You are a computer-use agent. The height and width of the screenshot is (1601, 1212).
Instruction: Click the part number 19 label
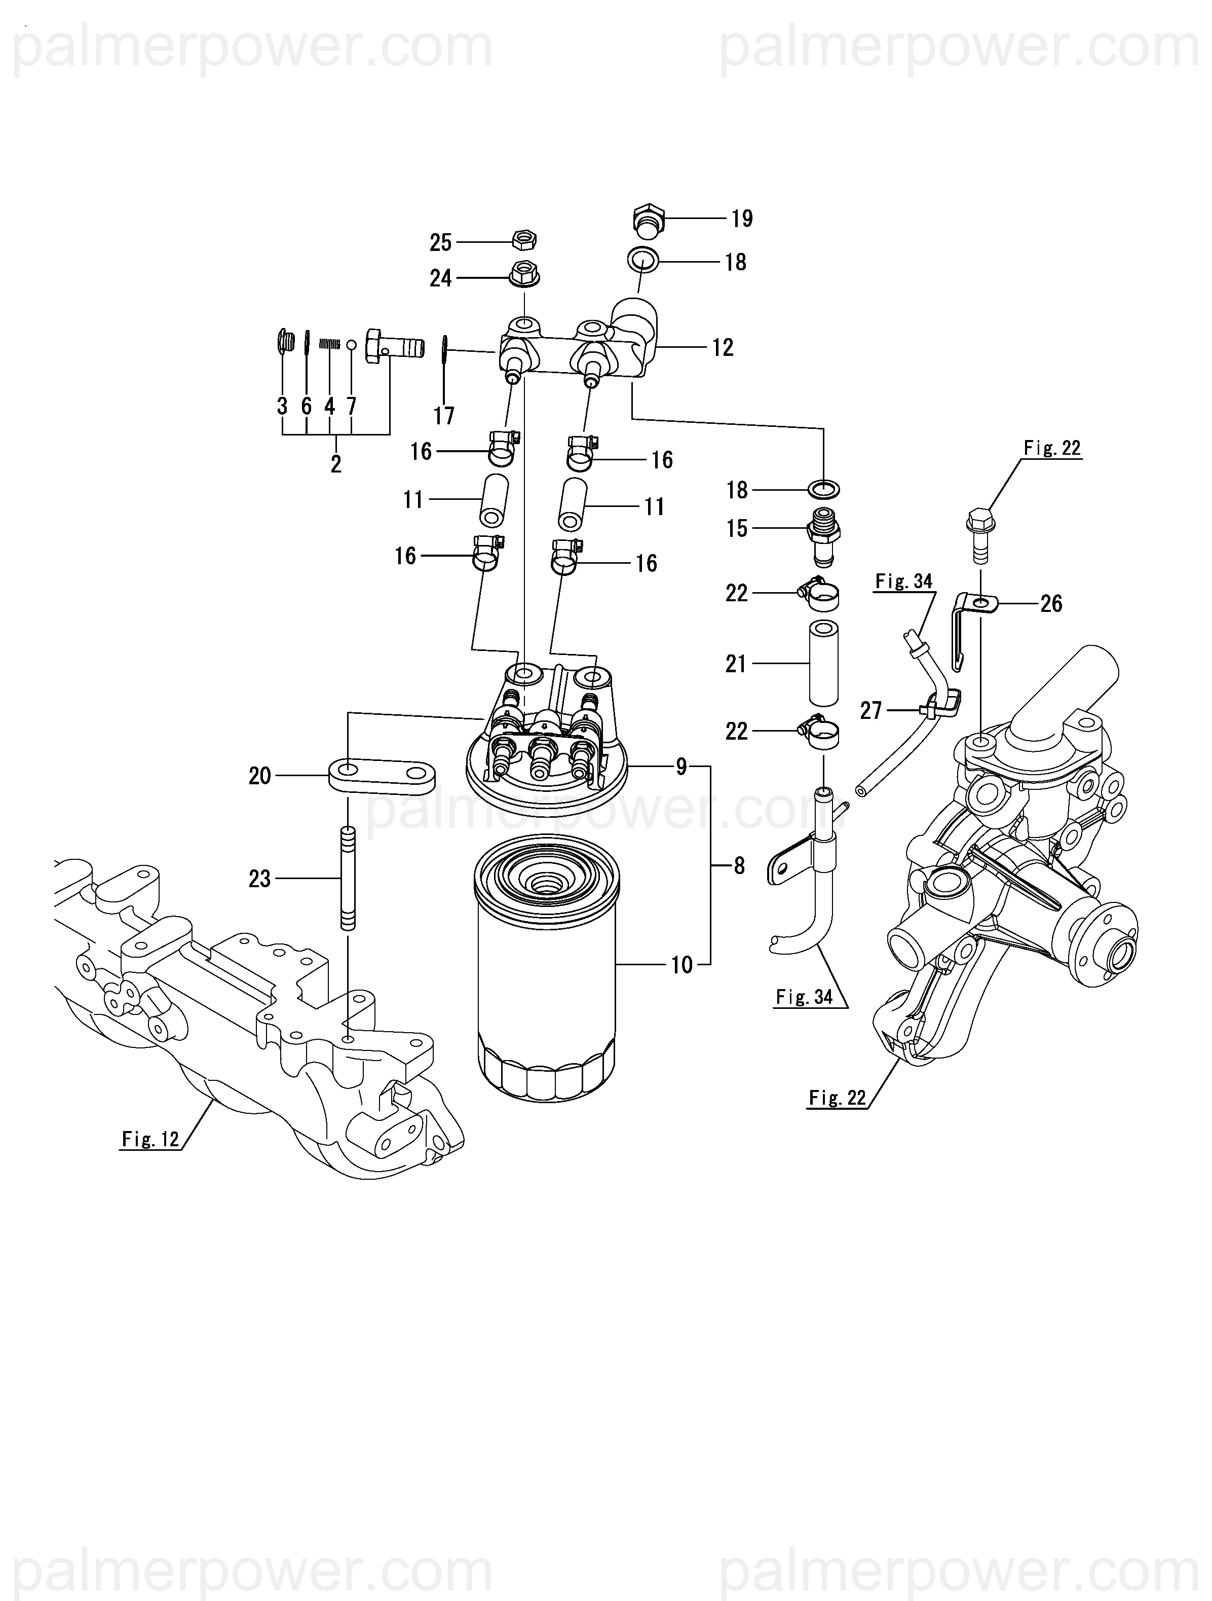tap(742, 219)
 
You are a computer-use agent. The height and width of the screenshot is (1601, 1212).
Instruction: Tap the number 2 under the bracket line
tap(336, 464)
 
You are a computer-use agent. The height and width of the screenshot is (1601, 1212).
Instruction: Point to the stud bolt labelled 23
tap(348, 878)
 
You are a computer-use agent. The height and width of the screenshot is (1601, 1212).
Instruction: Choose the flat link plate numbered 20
tap(382, 776)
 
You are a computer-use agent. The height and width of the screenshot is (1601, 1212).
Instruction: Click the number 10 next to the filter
tap(681, 965)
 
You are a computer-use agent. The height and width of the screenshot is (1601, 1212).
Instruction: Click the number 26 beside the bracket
tap(1051, 604)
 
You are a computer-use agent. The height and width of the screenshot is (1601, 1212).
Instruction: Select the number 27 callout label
tap(870, 711)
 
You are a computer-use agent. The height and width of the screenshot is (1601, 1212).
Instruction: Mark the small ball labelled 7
tap(352, 345)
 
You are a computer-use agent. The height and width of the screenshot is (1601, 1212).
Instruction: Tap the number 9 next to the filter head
tap(681, 767)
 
